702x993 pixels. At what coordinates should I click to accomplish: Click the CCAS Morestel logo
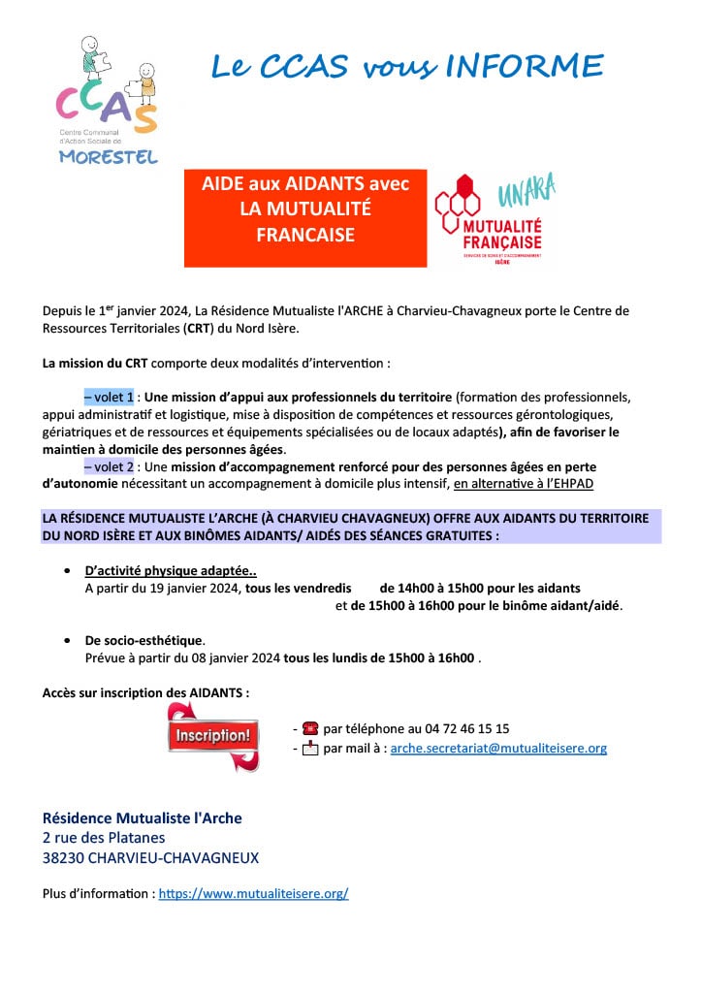coord(107,100)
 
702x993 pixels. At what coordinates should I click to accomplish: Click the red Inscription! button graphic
coord(212,736)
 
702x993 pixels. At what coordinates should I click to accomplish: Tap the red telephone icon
coord(310,728)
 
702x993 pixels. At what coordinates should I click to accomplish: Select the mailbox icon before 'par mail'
coord(310,749)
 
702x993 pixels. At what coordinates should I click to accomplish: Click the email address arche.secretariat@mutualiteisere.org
coord(497,749)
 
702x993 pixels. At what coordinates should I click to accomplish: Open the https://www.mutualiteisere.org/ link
coord(253,894)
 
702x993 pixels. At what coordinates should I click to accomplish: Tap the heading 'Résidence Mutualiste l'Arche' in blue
coord(142,818)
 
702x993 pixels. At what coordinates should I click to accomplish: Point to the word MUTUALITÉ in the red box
coord(305,208)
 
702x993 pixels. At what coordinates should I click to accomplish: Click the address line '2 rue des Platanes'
coord(104,838)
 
